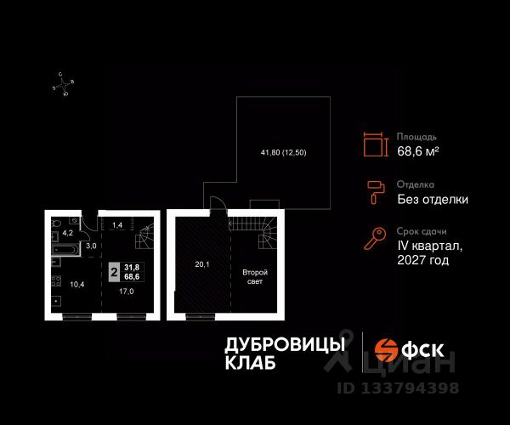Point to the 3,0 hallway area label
pyautogui.click(x=91, y=246)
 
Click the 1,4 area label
pyautogui.click(x=118, y=225)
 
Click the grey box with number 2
pyautogui.click(x=113, y=273)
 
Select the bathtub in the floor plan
pyautogui.click(x=65, y=251)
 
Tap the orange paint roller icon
pyautogui.click(x=374, y=193)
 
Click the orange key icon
pyautogui.click(x=374, y=241)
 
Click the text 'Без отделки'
pyautogui.click(x=433, y=200)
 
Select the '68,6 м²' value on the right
pyautogui.click(x=418, y=151)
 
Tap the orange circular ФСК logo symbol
pyautogui.click(x=388, y=348)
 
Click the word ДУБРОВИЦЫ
pyautogui.click(x=285, y=344)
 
